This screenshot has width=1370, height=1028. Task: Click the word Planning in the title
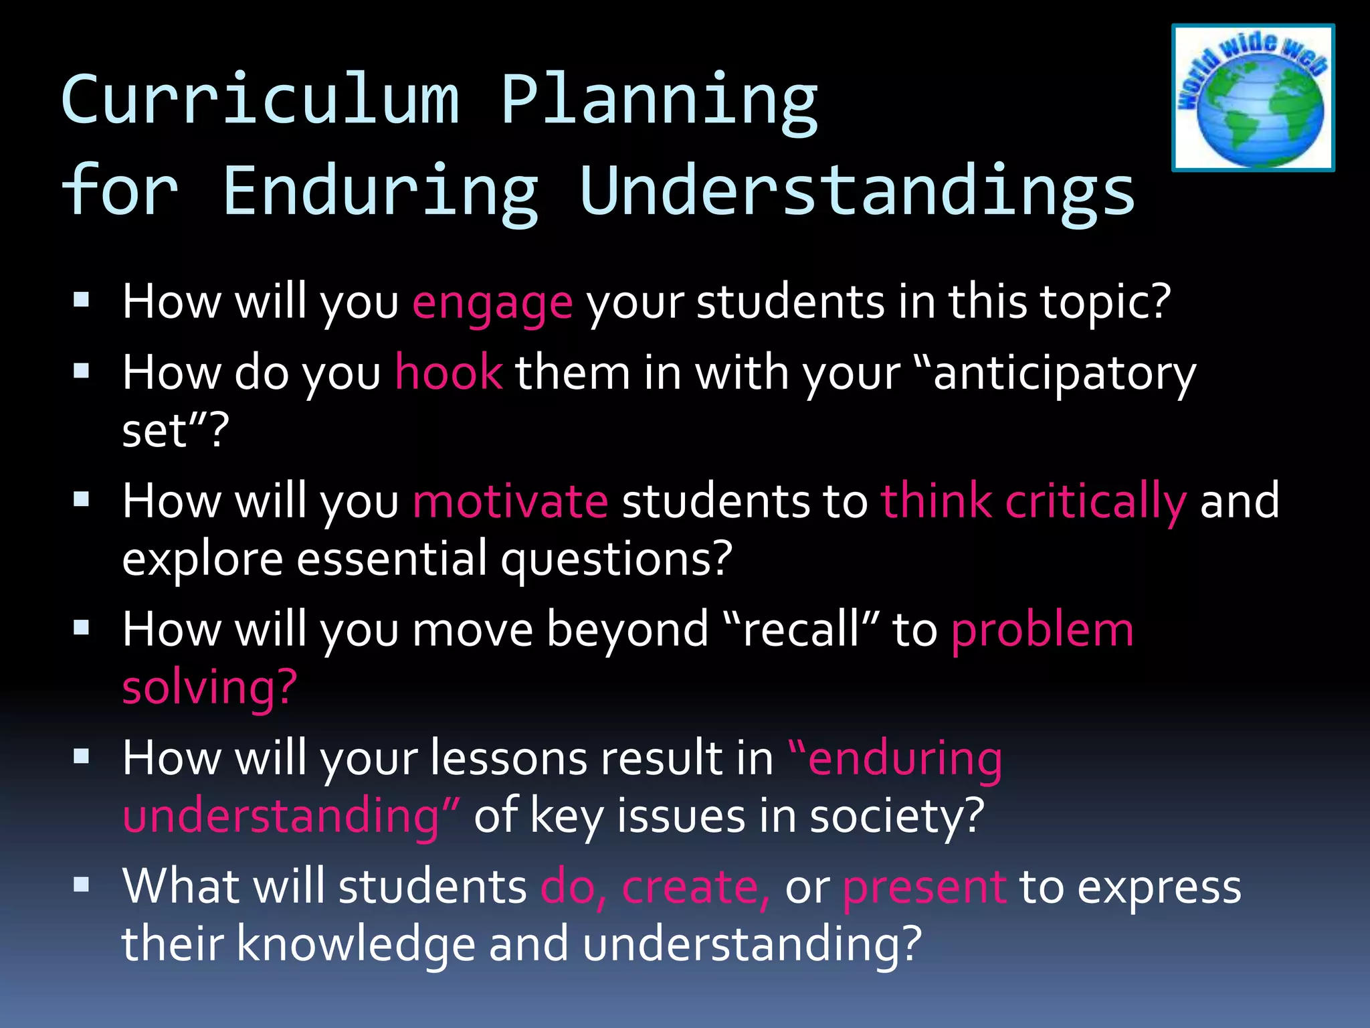(659, 100)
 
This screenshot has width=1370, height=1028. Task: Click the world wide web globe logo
(1253, 98)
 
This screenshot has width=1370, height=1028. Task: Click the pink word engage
(492, 303)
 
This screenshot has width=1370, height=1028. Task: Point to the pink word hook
(448, 373)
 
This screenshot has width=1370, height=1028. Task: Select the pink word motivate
(510, 501)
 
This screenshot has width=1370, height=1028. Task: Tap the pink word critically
(1095, 501)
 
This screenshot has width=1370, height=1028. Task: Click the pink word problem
(1042, 630)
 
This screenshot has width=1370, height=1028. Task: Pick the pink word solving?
(209, 687)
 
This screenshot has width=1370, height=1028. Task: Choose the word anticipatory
(1064, 373)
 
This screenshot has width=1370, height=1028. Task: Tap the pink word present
(924, 887)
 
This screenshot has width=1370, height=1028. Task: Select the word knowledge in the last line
(356, 944)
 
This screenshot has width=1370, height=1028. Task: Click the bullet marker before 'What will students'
(82, 885)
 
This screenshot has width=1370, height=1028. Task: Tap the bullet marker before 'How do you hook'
(82, 371)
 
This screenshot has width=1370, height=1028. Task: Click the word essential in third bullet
(391, 559)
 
